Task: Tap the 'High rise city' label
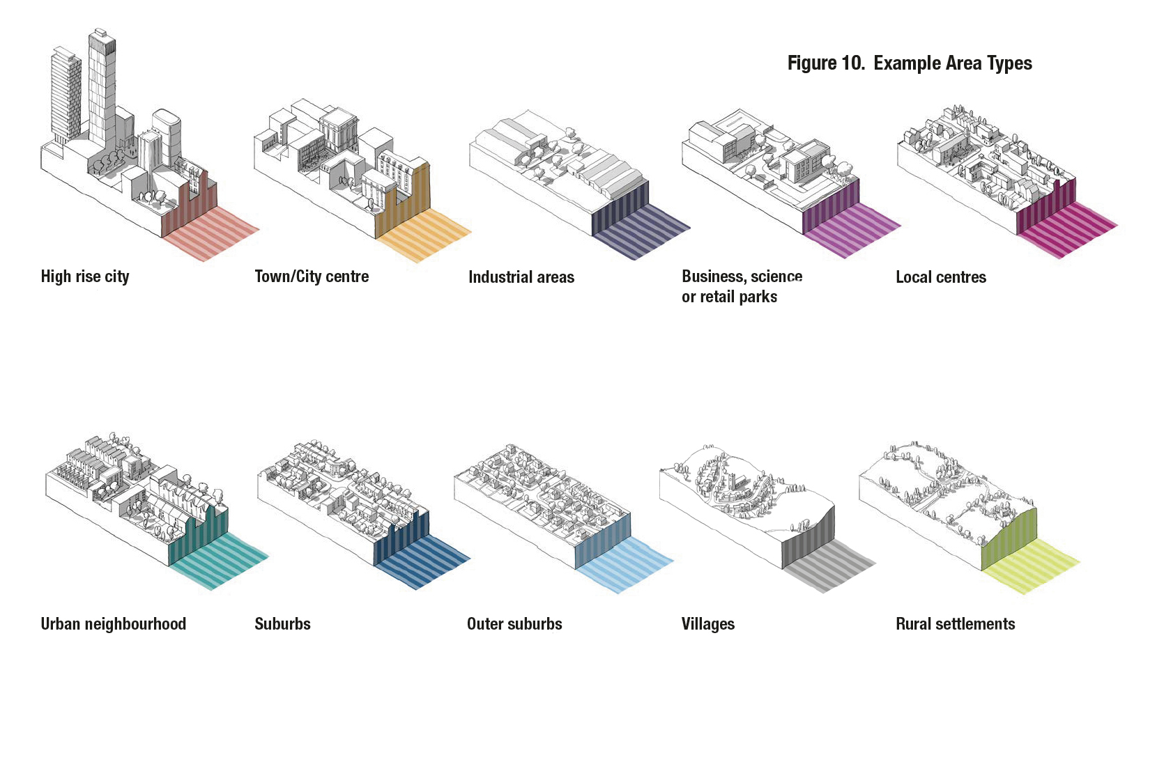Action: [85, 277]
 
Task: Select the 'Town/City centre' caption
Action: [312, 277]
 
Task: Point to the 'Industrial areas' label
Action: [521, 277]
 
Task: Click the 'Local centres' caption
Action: [941, 277]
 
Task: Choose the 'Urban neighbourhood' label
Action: [114, 624]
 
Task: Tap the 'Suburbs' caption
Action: [282, 624]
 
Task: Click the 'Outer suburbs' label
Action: [514, 624]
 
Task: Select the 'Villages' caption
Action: [708, 624]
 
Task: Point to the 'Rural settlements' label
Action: [955, 624]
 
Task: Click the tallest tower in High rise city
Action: [102, 91]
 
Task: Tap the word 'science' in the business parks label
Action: [776, 277]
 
